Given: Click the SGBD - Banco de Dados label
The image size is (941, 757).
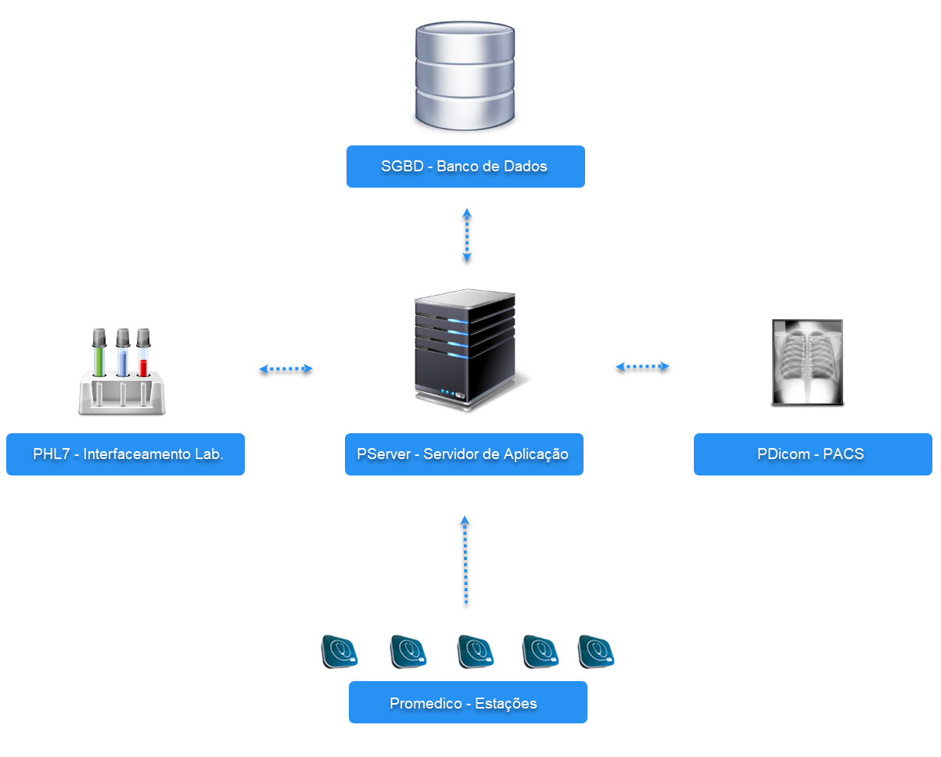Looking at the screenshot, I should click(465, 167).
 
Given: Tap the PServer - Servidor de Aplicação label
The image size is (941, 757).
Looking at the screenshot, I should click(464, 454).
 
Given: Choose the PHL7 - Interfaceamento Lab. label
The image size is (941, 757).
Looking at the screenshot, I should click(125, 454).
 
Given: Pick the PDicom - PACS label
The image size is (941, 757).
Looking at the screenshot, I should click(813, 454).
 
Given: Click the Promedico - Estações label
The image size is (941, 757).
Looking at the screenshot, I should click(467, 703).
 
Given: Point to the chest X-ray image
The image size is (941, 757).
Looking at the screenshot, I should click(807, 362).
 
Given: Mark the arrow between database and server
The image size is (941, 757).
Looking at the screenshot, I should click(467, 235).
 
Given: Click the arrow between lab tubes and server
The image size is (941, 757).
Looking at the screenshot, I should click(286, 369).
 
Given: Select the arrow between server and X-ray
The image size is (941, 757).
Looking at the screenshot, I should click(643, 366).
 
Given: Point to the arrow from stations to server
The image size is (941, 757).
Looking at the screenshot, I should click(465, 560).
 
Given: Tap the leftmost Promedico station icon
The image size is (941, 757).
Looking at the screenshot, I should click(339, 651).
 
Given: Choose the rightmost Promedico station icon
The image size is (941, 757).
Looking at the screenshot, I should click(596, 651).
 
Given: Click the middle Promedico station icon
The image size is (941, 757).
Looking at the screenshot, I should click(475, 651).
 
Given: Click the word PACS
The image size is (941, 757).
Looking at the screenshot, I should click(843, 454).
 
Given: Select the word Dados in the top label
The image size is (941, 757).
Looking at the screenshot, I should click(526, 167).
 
